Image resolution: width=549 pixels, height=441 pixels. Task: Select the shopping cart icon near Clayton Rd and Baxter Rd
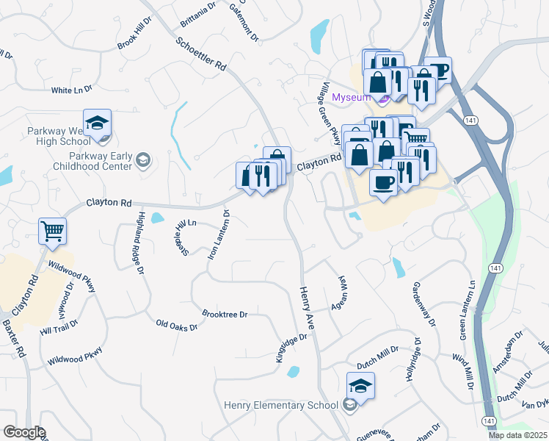(x=52, y=232)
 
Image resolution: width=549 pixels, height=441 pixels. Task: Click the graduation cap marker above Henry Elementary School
(x=360, y=386)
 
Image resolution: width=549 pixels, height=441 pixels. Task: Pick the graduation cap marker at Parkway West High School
(x=97, y=123)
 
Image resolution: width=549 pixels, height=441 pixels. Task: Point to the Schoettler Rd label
(x=201, y=53)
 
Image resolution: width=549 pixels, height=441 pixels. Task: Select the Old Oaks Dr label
(x=176, y=324)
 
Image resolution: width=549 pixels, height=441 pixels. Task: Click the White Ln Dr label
(x=71, y=90)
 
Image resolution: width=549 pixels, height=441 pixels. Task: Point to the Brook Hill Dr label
(x=134, y=39)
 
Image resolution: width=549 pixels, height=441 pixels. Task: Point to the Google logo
(x=23, y=432)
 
